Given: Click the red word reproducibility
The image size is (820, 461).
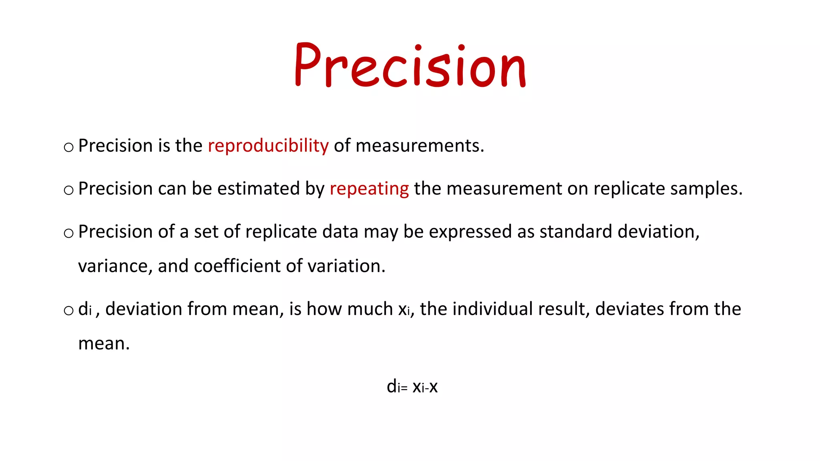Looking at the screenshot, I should click(x=268, y=146).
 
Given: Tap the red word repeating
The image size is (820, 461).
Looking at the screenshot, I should click(x=369, y=188).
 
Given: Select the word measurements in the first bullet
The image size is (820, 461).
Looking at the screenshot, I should click(x=420, y=146).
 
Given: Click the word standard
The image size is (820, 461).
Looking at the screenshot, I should click(x=576, y=232).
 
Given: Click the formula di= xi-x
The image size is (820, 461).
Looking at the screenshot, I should click(x=412, y=387).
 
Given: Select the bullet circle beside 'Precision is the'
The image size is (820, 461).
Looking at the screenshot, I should click(x=69, y=148).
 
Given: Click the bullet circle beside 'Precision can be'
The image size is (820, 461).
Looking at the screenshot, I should click(x=69, y=190).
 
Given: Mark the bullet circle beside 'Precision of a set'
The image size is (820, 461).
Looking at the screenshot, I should click(x=69, y=233).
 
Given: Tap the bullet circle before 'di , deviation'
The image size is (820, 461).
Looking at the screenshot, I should click(x=69, y=311).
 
